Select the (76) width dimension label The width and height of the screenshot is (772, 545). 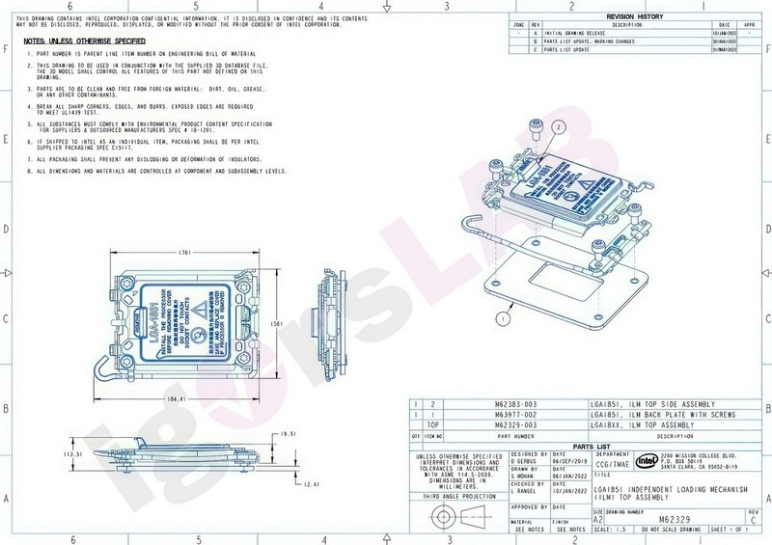[x=185, y=253]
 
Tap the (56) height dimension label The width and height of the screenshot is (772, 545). [x=273, y=324]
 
